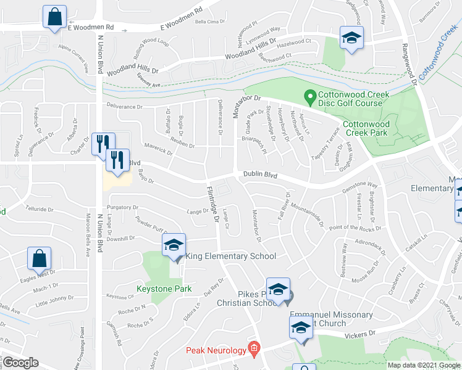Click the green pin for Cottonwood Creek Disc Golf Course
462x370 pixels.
[x=310, y=96]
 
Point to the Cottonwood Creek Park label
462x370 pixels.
[x=365, y=128]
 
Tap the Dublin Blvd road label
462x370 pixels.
[x=259, y=176]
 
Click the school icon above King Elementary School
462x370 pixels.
[x=174, y=245]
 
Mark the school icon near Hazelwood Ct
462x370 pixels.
[x=351, y=38]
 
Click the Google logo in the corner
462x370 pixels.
[x=20, y=363]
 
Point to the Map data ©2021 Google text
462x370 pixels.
[x=423, y=365]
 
